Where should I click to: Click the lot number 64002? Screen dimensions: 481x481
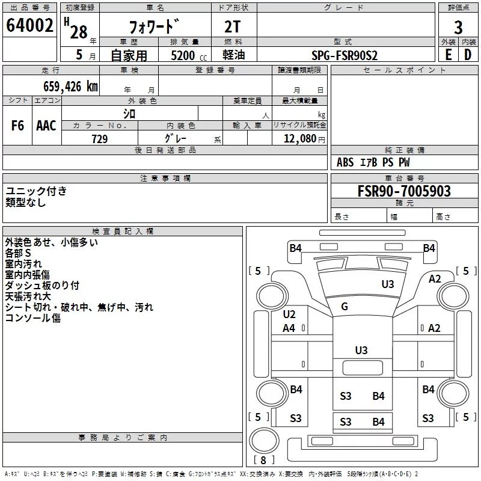click(x=29, y=25)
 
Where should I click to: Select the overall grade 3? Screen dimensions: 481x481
click(x=458, y=28)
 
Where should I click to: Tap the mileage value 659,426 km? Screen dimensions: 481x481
click(x=70, y=87)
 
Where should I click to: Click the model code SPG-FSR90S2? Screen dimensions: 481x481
click(x=345, y=55)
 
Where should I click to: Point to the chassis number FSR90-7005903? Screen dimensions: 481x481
click(x=404, y=191)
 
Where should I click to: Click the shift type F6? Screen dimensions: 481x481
click(x=17, y=126)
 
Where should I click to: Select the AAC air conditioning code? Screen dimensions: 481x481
click(x=46, y=126)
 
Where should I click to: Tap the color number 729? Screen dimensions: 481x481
click(x=100, y=139)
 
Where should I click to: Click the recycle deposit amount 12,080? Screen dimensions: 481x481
click(x=300, y=139)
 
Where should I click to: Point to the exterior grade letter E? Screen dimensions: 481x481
click(x=449, y=55)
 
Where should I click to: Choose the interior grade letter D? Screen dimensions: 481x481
click(x=468, y=55)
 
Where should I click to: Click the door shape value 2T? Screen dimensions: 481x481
click(x=233, y=26)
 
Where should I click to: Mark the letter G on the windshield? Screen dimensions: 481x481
click(x=345, y=306)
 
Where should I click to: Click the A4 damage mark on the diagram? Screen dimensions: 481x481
click(x=289, y=328)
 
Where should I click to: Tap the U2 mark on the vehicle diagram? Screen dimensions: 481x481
click(x=289, y=314)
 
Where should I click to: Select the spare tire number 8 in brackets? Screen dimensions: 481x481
click(x=263, y=460)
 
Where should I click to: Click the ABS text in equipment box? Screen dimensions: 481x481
click(x=345, y=162)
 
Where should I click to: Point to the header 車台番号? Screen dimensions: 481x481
click(x=404, y=178)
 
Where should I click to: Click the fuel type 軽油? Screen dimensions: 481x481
click(x=234, y=55)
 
